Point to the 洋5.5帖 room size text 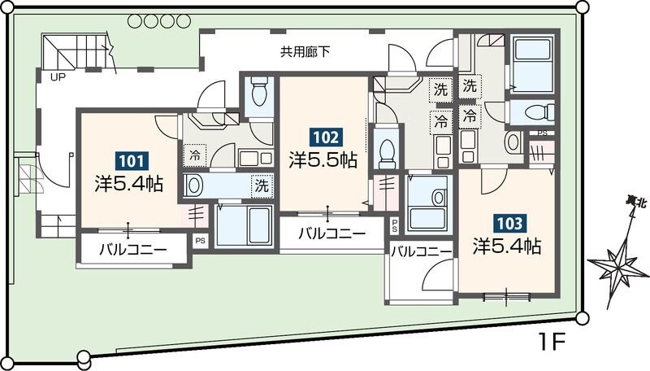(323, 159)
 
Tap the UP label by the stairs (58, 78)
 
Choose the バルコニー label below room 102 (331, 234)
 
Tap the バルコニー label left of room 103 (421, 253)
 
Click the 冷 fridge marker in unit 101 (196, 154)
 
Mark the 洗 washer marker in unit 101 (262, 185)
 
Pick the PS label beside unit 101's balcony (200, 240)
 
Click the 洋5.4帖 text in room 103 (508, 245)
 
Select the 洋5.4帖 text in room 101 (129, 184)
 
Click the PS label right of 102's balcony (395, 225)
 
